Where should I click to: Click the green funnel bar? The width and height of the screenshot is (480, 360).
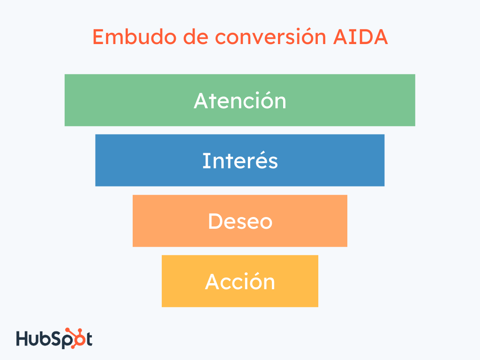coord(117,100)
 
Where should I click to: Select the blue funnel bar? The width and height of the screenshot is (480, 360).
coord(141,160)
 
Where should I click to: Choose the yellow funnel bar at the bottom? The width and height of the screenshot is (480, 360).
coord(183,281)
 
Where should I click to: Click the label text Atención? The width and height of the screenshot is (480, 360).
coord(240,101)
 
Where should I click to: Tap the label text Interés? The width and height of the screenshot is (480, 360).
coord(240,161)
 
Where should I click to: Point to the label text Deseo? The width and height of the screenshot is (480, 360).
coord(240,221)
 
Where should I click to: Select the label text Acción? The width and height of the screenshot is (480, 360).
coord(240,282)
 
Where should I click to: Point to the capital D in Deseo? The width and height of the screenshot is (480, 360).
coord(215,221)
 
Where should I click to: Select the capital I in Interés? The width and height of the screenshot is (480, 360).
coord(204,161)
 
